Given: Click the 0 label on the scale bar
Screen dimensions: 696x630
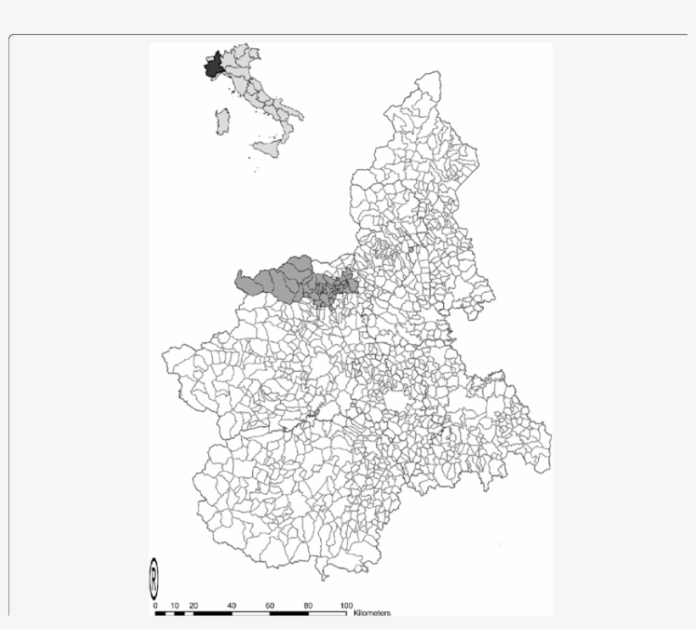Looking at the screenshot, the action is coord(155,605).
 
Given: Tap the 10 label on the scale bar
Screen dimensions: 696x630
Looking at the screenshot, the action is coord(174,605).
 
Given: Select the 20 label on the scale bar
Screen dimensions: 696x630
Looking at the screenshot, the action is coord(194,605).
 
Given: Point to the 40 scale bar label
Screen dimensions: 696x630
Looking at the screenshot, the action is coord(232,605).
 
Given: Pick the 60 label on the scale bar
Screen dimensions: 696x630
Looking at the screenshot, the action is coord(270,605).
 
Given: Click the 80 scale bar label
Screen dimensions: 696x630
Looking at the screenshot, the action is coord(308,605).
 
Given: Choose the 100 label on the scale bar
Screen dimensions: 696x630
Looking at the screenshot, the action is coord(346,605).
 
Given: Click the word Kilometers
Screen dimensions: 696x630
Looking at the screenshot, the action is coord(372,612).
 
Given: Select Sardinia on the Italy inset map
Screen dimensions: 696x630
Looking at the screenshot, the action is coord(223,121).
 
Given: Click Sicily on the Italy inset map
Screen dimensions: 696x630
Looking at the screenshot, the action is coord(268,148).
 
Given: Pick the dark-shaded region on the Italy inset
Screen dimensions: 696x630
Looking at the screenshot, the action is coord(213,67).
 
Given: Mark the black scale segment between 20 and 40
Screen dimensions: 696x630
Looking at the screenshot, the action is coord(212,612).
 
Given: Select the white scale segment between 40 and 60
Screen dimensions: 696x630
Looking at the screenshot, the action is coord(250,612).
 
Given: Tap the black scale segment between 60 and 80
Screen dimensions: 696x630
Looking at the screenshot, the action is coord(289,612).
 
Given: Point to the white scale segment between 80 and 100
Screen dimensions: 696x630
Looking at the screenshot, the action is coord(327,612).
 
